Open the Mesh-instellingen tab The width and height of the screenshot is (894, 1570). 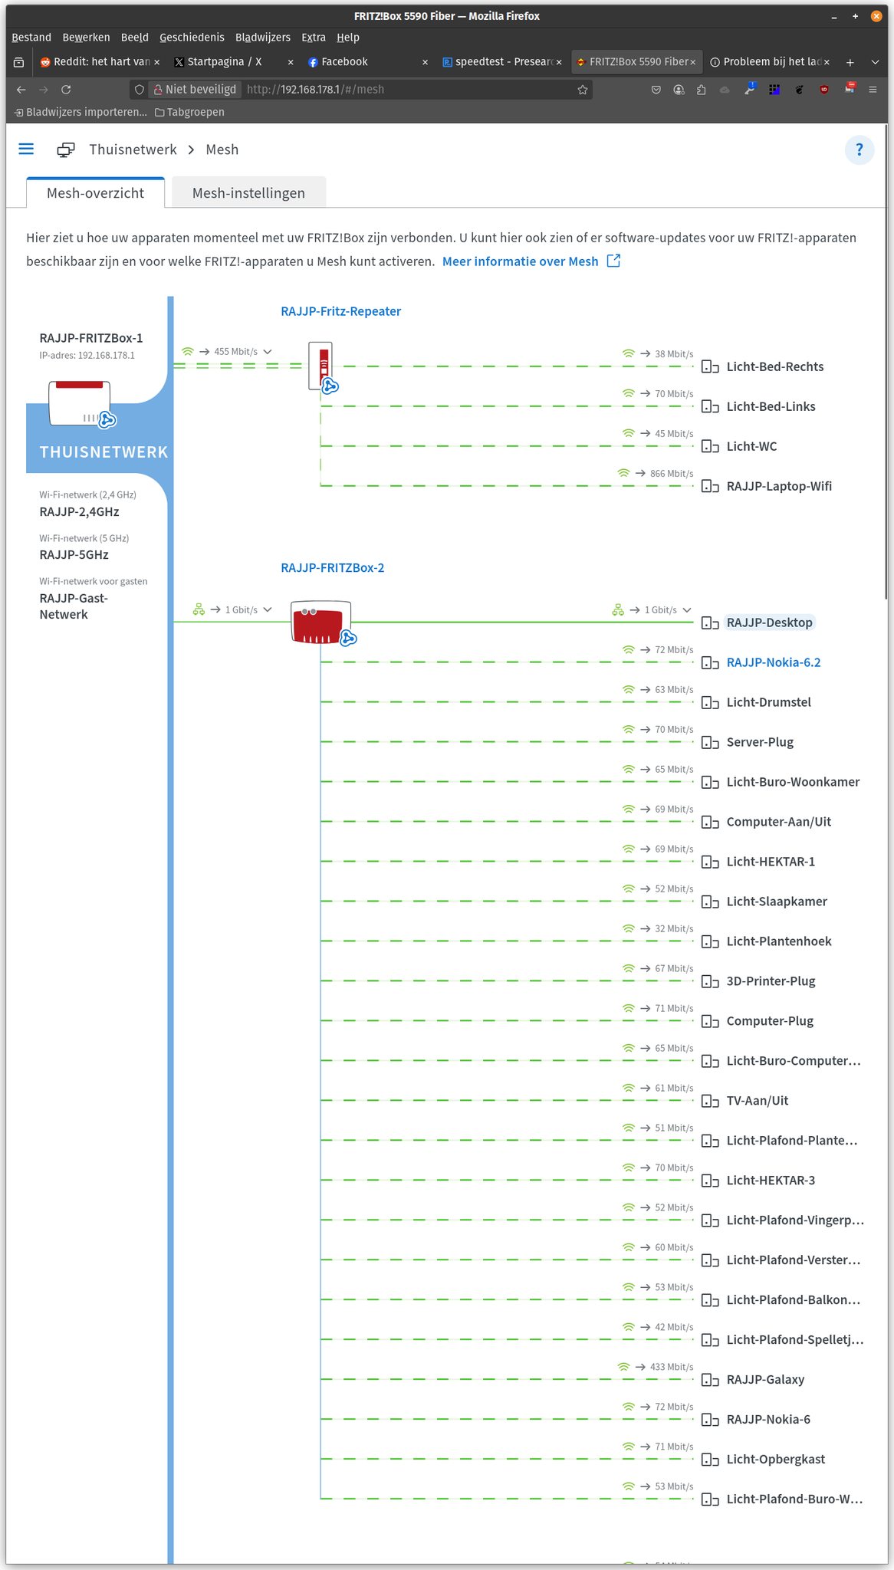click(248, 193)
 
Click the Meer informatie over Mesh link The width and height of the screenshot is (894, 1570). click(520, 261)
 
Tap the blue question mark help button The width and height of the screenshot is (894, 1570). click(859, 149)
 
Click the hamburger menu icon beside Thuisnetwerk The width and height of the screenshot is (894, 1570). click(26, 149)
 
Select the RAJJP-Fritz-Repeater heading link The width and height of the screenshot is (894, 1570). click(340, 311)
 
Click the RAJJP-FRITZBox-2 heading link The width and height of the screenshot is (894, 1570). click(332, 568)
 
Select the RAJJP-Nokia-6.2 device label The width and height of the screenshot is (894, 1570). click(773, 662)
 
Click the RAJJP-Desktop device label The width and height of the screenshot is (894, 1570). click(769, 622)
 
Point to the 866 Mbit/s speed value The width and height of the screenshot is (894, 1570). click(671, 474)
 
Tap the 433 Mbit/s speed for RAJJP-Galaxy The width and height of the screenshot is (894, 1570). click(671, 1367)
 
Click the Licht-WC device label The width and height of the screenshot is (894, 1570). click(751, 446)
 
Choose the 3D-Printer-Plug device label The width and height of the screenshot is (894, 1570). click(771, 981)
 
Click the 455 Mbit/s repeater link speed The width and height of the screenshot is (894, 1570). click(235, 352)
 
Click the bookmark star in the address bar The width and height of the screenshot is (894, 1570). click(583, 90)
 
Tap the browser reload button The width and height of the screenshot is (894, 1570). click(66, 90)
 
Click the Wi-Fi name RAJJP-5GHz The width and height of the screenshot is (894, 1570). click(74, 555)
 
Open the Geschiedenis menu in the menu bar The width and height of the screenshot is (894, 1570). click(192, 38)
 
